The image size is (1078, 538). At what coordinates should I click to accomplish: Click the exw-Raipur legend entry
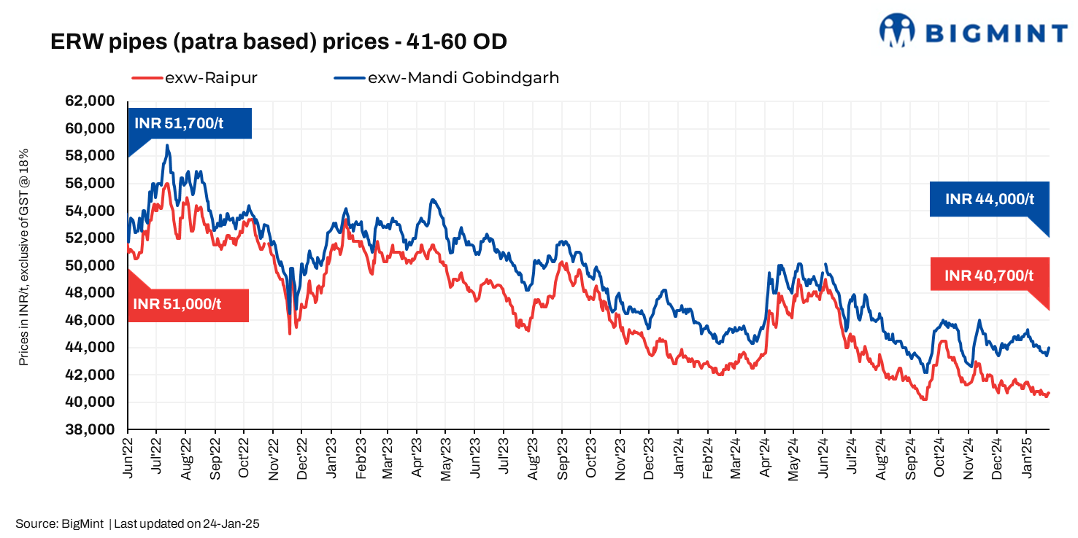(x=194, y=77)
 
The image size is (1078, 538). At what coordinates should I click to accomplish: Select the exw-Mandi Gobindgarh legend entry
(x=447, y=77)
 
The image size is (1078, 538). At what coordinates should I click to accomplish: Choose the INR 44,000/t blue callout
(x=989, y=199)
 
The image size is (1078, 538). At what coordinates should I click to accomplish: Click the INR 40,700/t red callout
(x=989, y=275)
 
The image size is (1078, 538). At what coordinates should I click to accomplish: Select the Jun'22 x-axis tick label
(x=128, y=457)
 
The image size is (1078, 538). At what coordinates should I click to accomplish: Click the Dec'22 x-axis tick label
(x=301, y=457)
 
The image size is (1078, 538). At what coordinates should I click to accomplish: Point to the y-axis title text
(x=23, y=259)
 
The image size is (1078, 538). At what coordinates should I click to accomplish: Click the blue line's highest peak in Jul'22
(x=167, y=145)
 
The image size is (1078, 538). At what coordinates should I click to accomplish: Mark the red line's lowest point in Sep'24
(x=925, y=399)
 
